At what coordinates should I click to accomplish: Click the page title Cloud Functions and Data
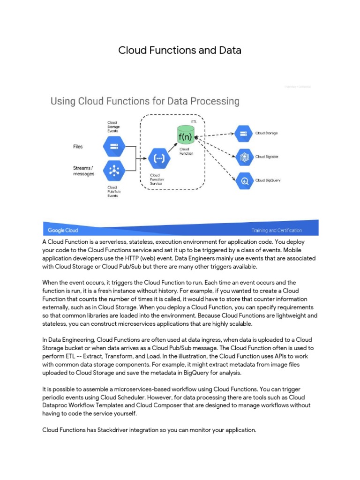pos(180,50)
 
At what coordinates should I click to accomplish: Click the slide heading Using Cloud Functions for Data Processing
pos(145,101)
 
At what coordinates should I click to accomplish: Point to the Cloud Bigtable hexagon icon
pos(244,157)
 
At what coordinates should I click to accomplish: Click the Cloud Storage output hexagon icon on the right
pos(244,133)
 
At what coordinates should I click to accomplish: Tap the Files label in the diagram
pos(78,147)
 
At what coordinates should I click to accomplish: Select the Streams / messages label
pos(83,171)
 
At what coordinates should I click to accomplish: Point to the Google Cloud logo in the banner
pos(63,230)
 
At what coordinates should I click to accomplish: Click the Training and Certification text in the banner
pos(277,230)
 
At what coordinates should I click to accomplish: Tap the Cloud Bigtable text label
pos(267,157)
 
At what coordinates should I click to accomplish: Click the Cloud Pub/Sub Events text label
pos(112,191)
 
